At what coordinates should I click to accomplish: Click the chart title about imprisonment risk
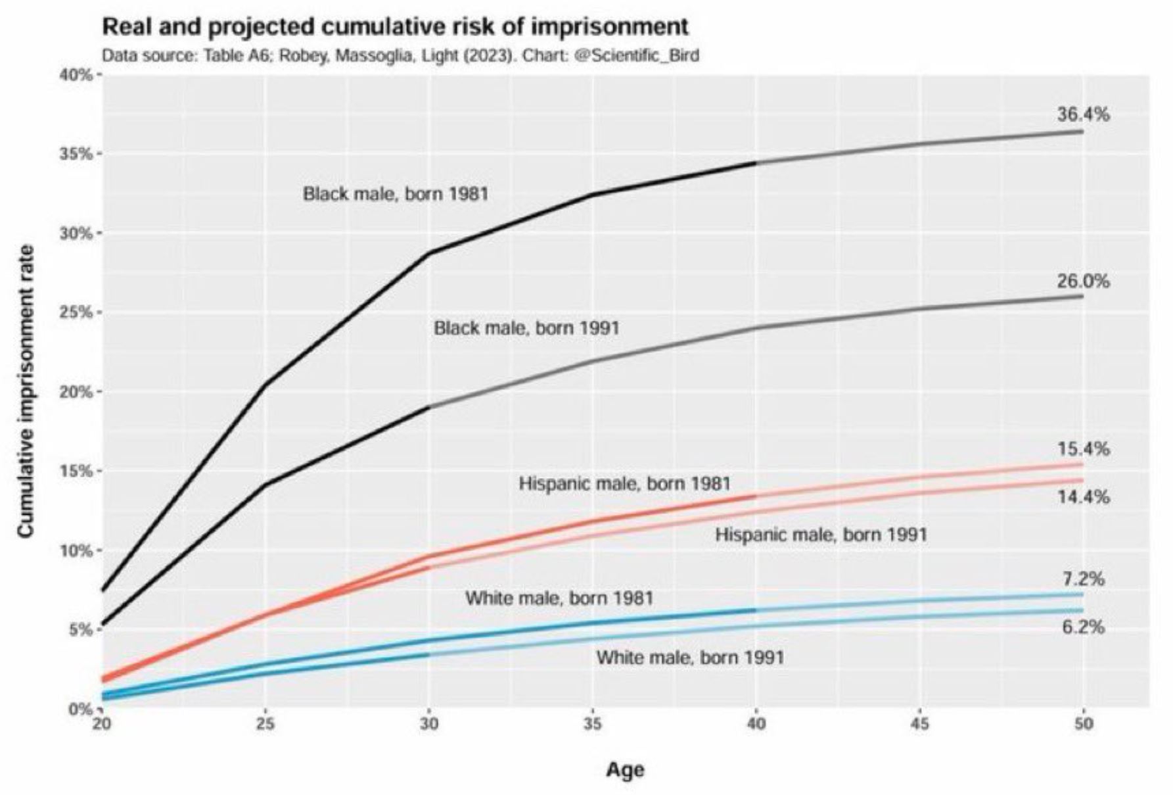point(395,27)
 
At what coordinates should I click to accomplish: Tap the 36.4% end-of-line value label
point(1083,114)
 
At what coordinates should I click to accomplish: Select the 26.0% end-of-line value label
point(1083,281)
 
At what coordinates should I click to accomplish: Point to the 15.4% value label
point(1083,449)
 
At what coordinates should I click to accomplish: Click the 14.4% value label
point(1083,497)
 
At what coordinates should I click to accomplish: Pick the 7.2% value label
point(1084,579)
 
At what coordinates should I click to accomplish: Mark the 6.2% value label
point(1084,627)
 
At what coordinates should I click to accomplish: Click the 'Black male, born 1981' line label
point(396,194)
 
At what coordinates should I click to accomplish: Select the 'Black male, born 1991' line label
point(526,327)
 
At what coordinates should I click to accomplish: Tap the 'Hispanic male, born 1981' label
point(624,484)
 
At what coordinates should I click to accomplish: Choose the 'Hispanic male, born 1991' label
point(821,535)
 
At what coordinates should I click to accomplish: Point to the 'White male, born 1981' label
point(559,598)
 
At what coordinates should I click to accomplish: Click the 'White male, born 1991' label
point(690,657)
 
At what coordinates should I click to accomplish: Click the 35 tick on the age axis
point(593,724)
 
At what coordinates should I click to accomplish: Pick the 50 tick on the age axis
point(1083,724)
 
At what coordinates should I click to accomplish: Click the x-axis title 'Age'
point(625,769)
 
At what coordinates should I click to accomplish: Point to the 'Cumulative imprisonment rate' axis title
point(26,391)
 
